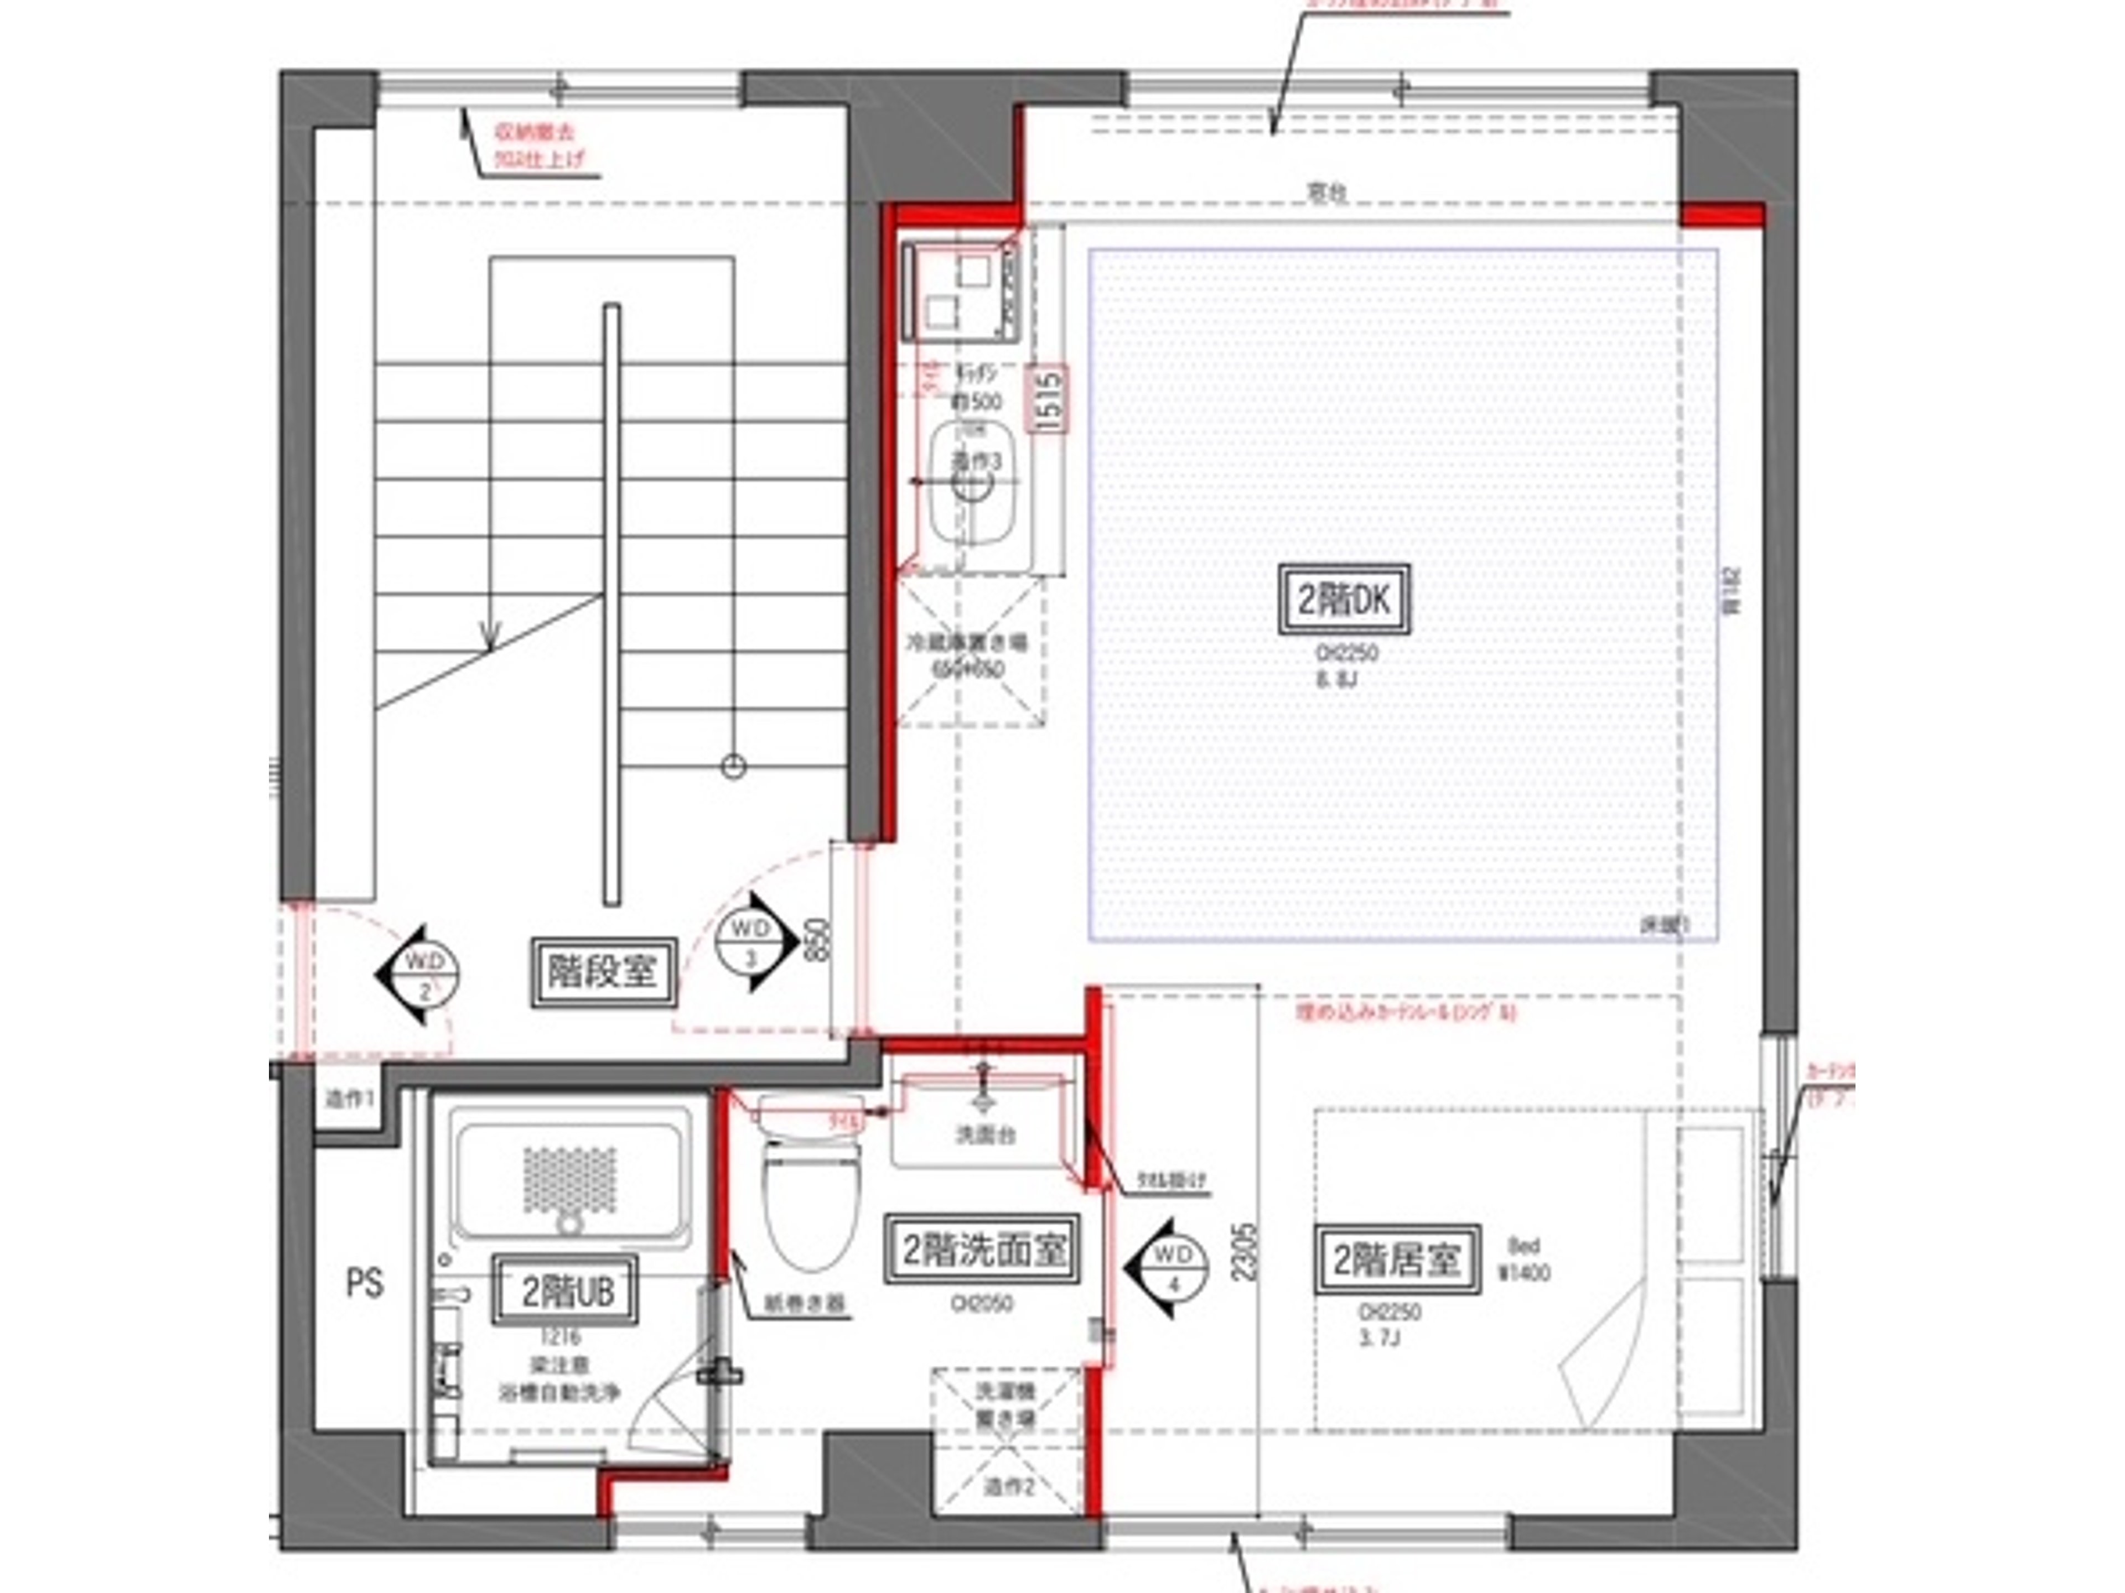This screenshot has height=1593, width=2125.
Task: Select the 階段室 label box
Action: [x=603, y=973]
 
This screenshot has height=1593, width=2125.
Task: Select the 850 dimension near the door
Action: [x=817, y=941]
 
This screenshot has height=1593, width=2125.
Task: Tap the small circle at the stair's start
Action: [x=733, y=766]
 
